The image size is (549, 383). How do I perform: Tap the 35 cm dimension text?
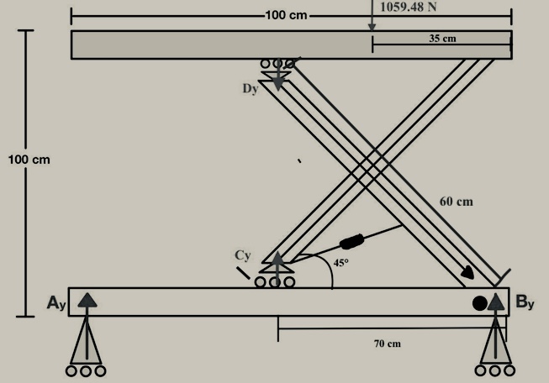click(441, 39)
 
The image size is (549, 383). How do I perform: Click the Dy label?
click(250, 87)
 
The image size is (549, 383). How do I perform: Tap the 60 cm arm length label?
click(457, 202)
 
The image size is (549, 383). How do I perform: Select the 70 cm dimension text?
click(387, 344)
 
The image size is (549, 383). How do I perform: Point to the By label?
click(525, 302)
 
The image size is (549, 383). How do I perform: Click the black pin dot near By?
click(479, 303)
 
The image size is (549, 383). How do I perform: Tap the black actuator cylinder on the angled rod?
click(352, 243)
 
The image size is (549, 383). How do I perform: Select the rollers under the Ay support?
click(87, 370)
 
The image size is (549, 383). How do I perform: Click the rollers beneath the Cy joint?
click(275, 282)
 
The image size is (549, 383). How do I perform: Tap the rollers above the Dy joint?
click(277, 64)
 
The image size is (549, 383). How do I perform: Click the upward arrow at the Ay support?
click(87, 298)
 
